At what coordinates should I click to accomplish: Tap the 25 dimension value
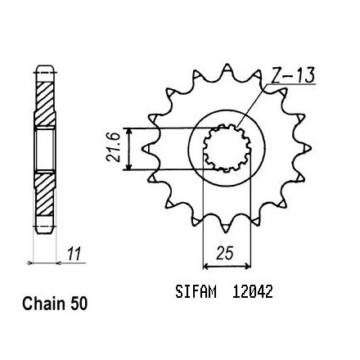[x=225, y=253]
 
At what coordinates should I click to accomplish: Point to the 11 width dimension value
[x=74, y=254]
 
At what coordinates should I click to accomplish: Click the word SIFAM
[x=196, y=291]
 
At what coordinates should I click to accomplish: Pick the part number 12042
[x=252, y=291]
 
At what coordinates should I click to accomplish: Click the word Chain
[x=44, y=304]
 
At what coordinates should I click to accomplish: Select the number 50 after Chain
[x=79, y=304]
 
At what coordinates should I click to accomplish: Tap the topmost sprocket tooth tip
[x=227, y=65]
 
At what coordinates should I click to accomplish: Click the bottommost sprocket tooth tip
[x=226, y=232]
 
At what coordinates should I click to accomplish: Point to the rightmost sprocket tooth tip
[x=311, y=148]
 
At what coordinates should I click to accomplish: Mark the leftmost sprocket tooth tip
[x=143, y=149]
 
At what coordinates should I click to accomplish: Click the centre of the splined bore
[x=227, y=148]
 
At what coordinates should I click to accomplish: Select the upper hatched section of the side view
[x=45, y=104]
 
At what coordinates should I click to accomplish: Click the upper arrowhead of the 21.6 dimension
[x=130, y=132]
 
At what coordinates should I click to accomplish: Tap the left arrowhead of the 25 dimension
[x=206, y=266]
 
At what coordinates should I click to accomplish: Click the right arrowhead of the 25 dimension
[x=248, y=266]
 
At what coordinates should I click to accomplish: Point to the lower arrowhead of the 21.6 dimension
[x=130, y=166]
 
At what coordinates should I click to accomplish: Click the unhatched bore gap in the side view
[x=45, y=149]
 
